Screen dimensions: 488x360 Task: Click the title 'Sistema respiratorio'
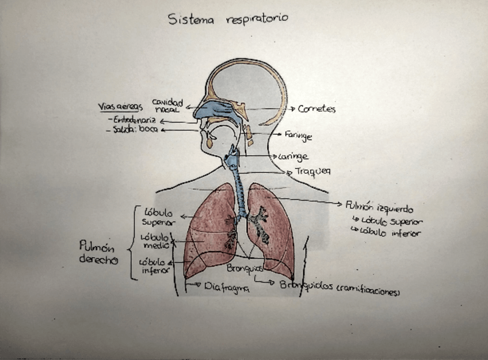tap(228, 19)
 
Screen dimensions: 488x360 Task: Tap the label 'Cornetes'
tap(317, 109)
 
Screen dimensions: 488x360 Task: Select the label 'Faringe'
tap(298, 136)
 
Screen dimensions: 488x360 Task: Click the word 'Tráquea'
tap(313, 171)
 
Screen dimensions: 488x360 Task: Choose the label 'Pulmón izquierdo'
tap(379, 206)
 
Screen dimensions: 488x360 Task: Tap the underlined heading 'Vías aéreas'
tap(120, 107)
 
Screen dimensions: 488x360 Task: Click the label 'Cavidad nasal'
tap(167, 105)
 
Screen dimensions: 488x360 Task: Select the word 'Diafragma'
tap(227, 289)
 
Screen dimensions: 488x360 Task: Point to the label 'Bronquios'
tap(245, 268)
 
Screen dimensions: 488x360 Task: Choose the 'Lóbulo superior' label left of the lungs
tap(159, 217)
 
